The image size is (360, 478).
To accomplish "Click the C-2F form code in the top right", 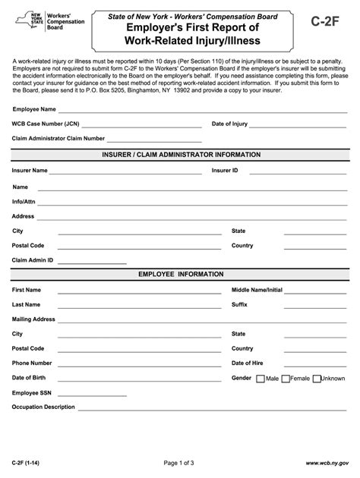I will point(327,24).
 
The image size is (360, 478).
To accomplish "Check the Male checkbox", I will point(261,378).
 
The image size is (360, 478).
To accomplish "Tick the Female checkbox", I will point(286,378).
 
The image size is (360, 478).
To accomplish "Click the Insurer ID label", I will point(225,171).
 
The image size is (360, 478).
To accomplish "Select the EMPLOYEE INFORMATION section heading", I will point(180,274).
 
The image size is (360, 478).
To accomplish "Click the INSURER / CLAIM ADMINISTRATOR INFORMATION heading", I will point(180,154).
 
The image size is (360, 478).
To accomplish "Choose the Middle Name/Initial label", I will point(257,290).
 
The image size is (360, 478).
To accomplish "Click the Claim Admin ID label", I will point(33,259).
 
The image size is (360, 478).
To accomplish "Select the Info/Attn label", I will point(24,201).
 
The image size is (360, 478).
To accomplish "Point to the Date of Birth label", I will point(30,377).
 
